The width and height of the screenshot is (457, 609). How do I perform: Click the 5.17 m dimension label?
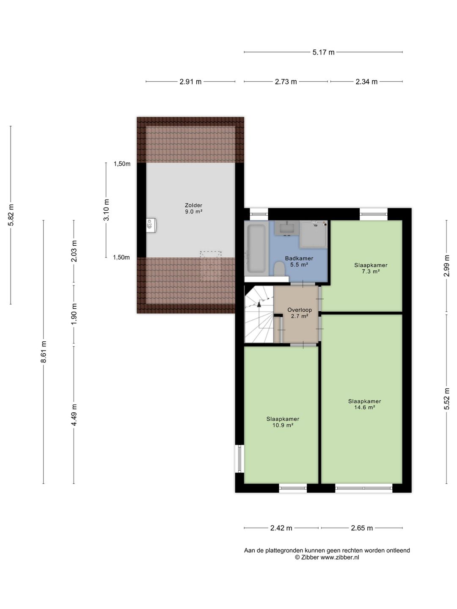[x=323, y=52]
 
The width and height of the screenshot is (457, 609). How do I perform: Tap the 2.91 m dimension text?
[x=190, y=82]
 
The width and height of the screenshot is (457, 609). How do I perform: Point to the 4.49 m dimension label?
[x=74, y=415]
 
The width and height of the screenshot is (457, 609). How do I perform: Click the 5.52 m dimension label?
[x=446, y=399]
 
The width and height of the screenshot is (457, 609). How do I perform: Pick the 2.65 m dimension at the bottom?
[x=362, y=528]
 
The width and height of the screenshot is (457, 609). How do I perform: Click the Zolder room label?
[x=193, y=205]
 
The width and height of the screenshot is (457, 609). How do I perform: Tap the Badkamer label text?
[x=299, y=258]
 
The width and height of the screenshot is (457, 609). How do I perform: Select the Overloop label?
[x=300, y=310]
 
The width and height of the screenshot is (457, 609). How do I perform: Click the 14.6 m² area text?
[x=365, y=407]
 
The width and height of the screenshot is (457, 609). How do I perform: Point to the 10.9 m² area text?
[x=283, y=425]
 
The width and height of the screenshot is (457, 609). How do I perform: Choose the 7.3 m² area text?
[x=371, y=272]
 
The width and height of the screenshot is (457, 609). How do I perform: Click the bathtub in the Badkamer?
[x=256, y=248]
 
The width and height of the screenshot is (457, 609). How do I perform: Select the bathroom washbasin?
[x=287, y=228]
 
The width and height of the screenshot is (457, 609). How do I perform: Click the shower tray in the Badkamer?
[x=314, y=234]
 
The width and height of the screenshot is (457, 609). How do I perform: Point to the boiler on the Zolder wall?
[x=151, y=224]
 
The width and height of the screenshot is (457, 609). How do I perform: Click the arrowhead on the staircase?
[x=259, y=304]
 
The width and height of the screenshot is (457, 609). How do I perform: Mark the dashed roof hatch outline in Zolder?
[x=211, y=266]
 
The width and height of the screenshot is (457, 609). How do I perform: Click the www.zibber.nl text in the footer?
[x=340, y=557]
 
